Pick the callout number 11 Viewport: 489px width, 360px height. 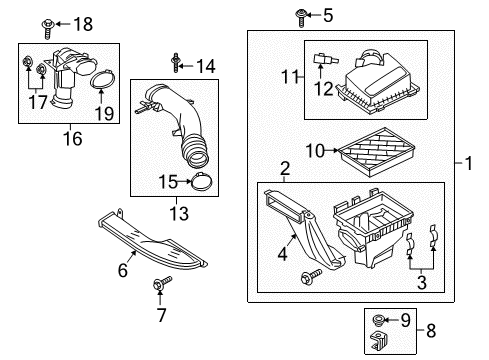[290, 76]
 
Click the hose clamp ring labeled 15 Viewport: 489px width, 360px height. [203, 182]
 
